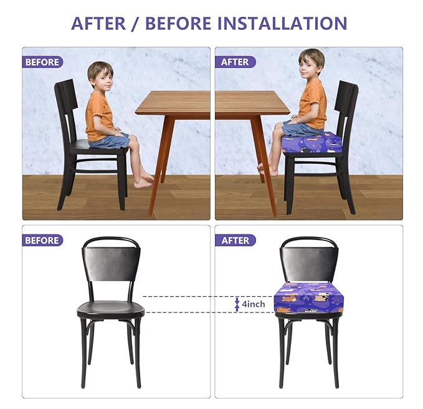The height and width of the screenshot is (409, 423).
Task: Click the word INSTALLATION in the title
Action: tap(282, 23)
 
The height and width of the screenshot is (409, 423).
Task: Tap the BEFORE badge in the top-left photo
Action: tap(42, 62)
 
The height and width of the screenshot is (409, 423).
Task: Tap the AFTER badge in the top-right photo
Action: tap(235, 62)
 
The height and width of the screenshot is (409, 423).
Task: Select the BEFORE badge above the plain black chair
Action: tap(42, 240)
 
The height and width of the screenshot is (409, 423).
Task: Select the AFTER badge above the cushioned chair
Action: tap(235, 240)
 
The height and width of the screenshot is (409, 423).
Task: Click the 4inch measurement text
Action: tap(254, 304)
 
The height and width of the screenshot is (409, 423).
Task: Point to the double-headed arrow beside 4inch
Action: tap(237, 304)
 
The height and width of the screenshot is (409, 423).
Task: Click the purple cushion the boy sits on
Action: tap(311, 144)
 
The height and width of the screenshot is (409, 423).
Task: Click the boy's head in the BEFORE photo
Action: tap(100, 74)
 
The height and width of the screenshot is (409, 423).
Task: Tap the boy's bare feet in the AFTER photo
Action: tap(264, 168)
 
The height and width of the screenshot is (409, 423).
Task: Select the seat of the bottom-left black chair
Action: tap(111, 309)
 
